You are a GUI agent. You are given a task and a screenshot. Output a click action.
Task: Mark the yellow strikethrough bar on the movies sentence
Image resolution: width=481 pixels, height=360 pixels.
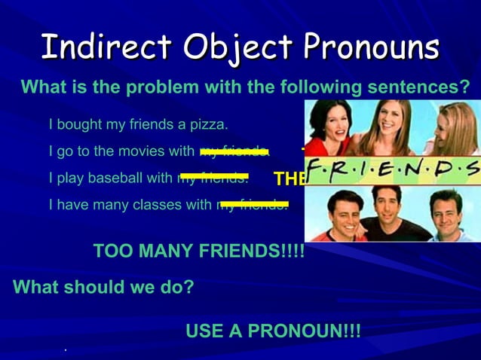click(234, 151)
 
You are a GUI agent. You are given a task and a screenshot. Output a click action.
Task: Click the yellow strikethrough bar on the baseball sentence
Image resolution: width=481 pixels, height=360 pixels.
click(214, 176)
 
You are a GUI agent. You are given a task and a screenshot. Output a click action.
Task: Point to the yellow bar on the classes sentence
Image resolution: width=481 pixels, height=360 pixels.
click(253, 203)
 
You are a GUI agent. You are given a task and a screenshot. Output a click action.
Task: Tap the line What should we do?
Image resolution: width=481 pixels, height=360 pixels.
click(103, 287)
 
